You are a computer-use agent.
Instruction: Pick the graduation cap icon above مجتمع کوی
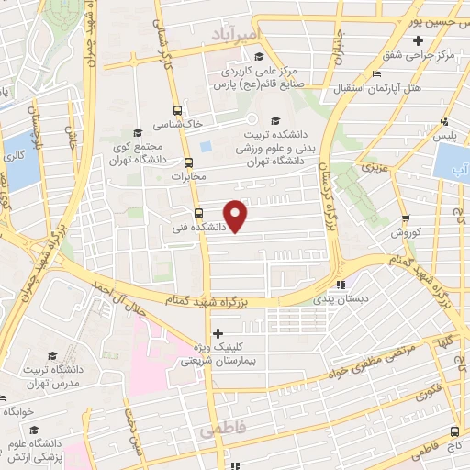pyautogui.click(x=138, y=132)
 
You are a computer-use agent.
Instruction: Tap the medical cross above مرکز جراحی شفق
pyautogui.click(x=419, y=41)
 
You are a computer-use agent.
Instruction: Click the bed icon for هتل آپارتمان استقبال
pyautogui.click(x=377, y=74)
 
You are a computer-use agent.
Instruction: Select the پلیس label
pyautogui.click(x=445, y=136)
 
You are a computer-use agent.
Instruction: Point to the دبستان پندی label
pyautogui.click(x=339, y=298)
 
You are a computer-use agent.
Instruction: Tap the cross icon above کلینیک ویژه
pyautogui.click(x=218, y=333)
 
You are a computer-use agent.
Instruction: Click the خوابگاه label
pyautogui.click(x=20, y=412)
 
